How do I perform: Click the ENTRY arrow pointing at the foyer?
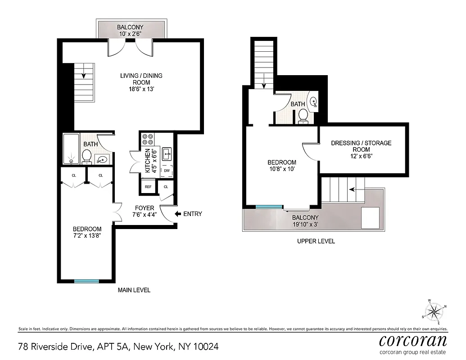point(178,214)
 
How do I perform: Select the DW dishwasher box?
point(167,171)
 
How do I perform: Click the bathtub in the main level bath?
point(71,149)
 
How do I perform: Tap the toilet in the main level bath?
point(87,157)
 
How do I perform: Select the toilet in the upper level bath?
point(303,115)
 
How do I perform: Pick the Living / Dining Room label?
point(141,82)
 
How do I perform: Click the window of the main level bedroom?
point(86,281)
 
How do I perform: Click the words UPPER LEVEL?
point(316,241)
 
